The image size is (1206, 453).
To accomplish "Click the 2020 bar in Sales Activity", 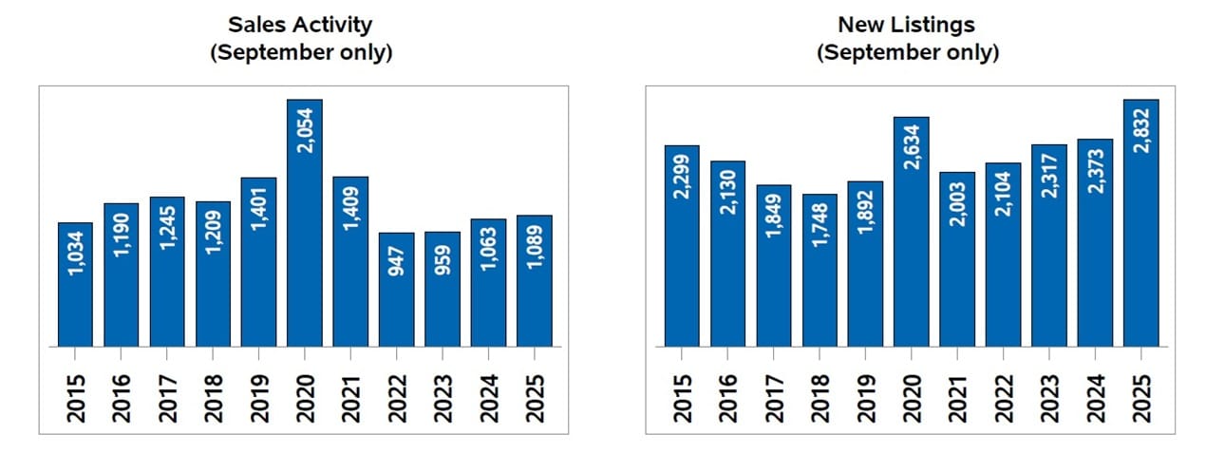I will (x=305, y=223).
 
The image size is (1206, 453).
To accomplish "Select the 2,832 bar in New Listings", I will (x=1140, y=223).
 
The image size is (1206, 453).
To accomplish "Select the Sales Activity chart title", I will (x=301, y=39).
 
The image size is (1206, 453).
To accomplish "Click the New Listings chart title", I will (x=907, y=39).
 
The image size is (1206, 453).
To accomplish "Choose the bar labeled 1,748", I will (x=820, y=271).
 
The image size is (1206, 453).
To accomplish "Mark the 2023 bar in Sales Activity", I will (x=443, y=290).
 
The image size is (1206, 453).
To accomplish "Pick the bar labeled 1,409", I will (x=350, y=261).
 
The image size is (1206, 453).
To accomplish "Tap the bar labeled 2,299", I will (x=682, y=246).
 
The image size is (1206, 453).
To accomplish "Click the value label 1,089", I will (x=535, y=246).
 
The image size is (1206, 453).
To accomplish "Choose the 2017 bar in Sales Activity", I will (x=167, y=272).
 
